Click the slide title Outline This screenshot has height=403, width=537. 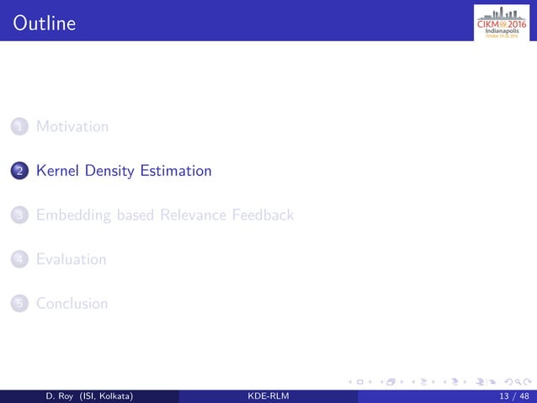pyautogui.click(x=44, y=23)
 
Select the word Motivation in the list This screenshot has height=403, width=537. pyautogui.click(x=72, y=127)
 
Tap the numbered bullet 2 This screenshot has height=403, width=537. pyautogui.click(x=19, y=172)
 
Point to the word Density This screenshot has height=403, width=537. pyautogui.click(x=111, y=172)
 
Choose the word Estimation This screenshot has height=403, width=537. pyautogui.click(x=176, y=171)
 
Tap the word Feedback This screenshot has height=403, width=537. pyautogui.click(x=261, y=215)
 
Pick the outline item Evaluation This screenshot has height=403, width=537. pyautogui.click(x=72, y=260)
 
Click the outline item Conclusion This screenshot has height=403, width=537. pyautogui.click(x=72, y=304)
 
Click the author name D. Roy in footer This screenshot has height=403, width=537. pyautogui.click(x=59, y=396)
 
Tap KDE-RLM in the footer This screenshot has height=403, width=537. pyautogui.click(x=268, y=396)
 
